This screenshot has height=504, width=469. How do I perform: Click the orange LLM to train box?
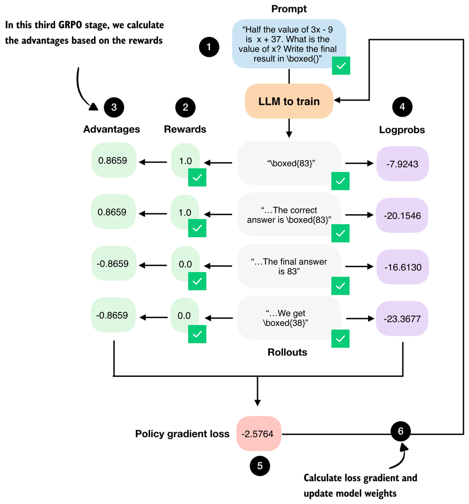coord(289,102)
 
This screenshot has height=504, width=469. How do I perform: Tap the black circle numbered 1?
coord(210,47)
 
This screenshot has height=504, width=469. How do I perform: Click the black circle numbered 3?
coord(114,107)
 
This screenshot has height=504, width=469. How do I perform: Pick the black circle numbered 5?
coord(260,466)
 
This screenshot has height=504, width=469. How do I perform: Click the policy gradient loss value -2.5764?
coord(259,434)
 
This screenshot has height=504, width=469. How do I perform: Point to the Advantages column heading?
coord(112,130)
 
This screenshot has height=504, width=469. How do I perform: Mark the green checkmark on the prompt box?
coord(341,66)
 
